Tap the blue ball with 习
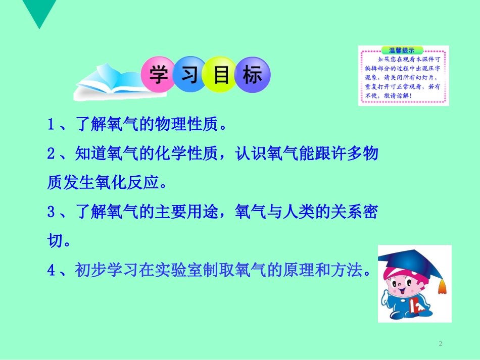[x=188, y=76]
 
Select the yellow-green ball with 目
[x=220, y=76]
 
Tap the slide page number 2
[x=441, y=344]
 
